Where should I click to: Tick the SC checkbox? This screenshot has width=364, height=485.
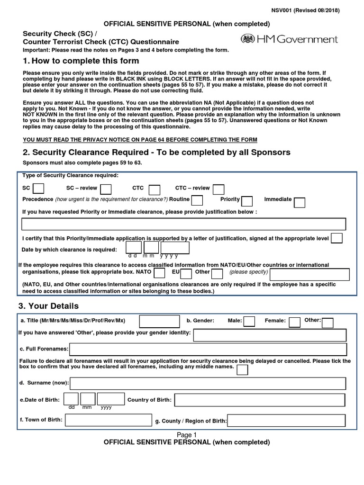[39, 189]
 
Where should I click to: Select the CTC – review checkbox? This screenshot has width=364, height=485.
[218, 189]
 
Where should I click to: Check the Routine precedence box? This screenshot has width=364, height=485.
[197, 201]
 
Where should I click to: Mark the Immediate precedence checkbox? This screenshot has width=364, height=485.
[300, 202]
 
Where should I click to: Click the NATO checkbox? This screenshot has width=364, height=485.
[160, 273]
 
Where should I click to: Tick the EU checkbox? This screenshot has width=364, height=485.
[186, 274]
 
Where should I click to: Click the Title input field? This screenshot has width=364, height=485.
[159, 322]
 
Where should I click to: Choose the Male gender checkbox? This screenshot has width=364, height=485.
[249, 322]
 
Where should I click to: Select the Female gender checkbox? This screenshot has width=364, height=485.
[294, 322]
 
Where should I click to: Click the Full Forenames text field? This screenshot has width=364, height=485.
[208, 350]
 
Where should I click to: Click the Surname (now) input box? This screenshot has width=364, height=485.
[208, 383]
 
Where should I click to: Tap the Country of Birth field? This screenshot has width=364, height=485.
[260, 400]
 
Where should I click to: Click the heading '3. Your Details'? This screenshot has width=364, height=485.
[51, 305]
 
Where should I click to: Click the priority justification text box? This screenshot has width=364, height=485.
[183, 224]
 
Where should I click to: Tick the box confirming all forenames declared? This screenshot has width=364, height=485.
[242, 369]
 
